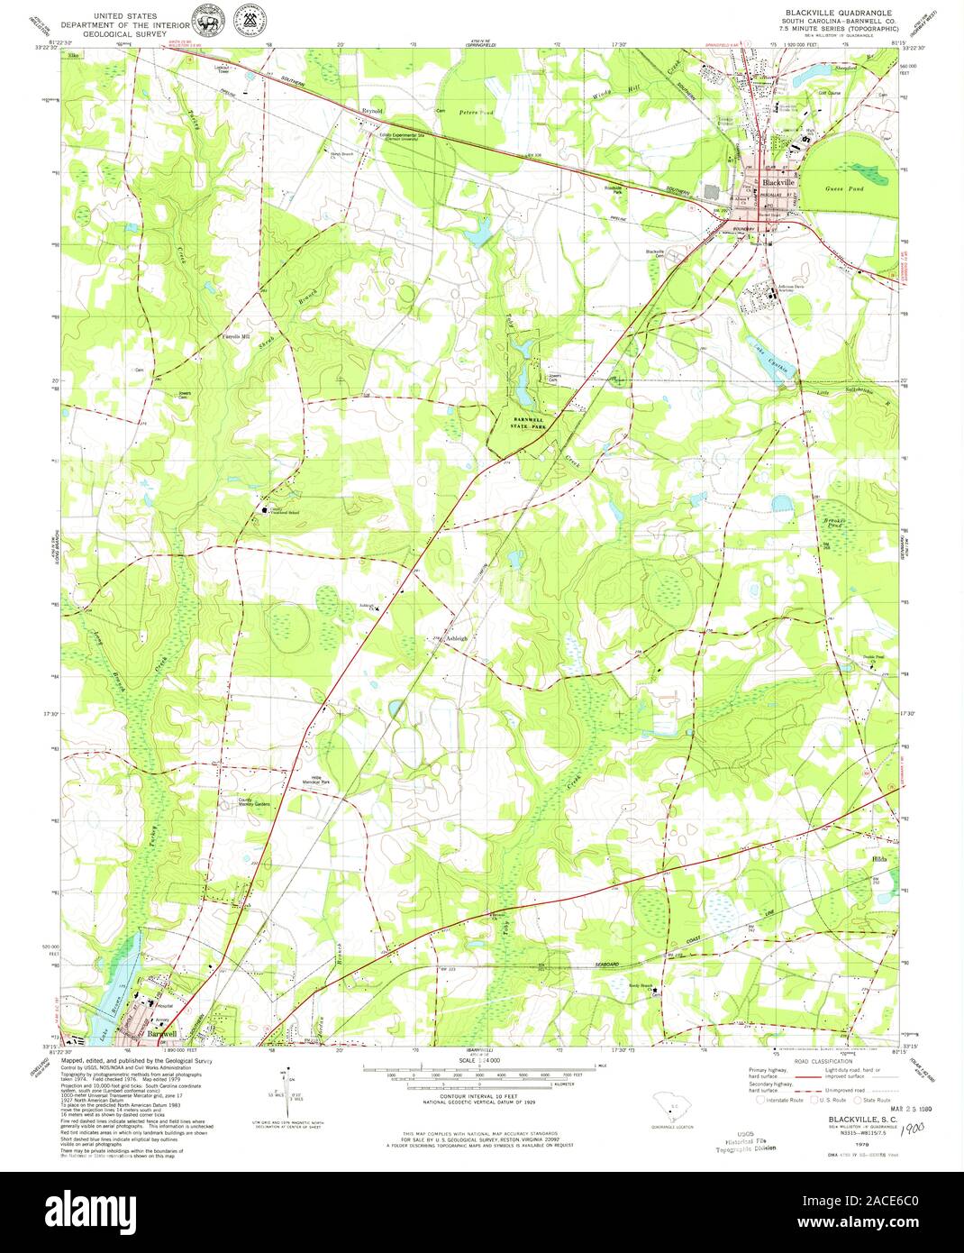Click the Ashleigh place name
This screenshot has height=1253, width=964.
pyautogui.click(x=457, y=637)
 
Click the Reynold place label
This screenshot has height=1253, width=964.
pyautogui.click(x=372, y=110)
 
